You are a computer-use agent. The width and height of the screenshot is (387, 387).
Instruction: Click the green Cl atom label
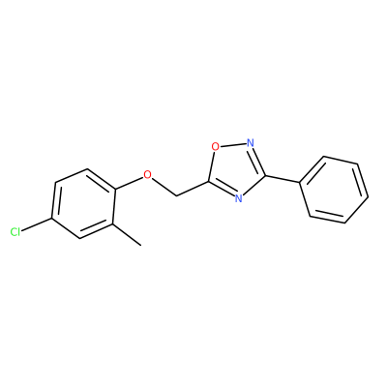[x=15, y=232]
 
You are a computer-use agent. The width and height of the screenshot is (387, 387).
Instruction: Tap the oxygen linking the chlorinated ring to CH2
[x=147, y=174]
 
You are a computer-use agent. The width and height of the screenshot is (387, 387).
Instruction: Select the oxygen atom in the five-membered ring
[x=215, y=147]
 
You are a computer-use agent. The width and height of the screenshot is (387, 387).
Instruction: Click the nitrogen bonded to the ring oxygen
[x=251, y=142]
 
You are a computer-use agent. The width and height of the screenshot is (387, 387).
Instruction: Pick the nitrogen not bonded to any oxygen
[x=238, y=197]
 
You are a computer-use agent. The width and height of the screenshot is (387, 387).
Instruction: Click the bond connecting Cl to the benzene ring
[x=37, y=225]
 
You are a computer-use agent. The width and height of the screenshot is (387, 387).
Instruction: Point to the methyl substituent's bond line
[x=127, y=234]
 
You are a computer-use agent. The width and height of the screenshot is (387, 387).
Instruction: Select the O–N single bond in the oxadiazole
[x=233, y=145]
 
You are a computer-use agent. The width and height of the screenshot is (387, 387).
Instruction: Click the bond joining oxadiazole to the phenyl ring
[x=283, y=180]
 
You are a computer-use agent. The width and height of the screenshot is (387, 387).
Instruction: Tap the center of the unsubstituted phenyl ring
[x=334, y=190]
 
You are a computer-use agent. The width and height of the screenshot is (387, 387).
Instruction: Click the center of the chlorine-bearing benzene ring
[x=83, y=204]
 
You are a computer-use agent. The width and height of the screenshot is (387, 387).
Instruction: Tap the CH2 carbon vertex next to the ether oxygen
[x=176, y=195]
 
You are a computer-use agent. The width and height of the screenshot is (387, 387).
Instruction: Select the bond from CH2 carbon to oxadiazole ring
[x=193, y=189]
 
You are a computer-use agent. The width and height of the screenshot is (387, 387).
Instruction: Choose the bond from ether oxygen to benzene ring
[x=129, y=182]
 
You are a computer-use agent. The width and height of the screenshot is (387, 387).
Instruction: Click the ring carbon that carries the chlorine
[x=52, y=219]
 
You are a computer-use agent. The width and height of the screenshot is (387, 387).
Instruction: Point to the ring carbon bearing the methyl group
[x=112, y=223]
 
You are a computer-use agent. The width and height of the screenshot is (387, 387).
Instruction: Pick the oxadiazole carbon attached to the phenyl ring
[x=265, y=176]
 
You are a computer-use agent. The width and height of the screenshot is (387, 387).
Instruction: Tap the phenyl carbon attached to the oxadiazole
[x=300, y=184]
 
